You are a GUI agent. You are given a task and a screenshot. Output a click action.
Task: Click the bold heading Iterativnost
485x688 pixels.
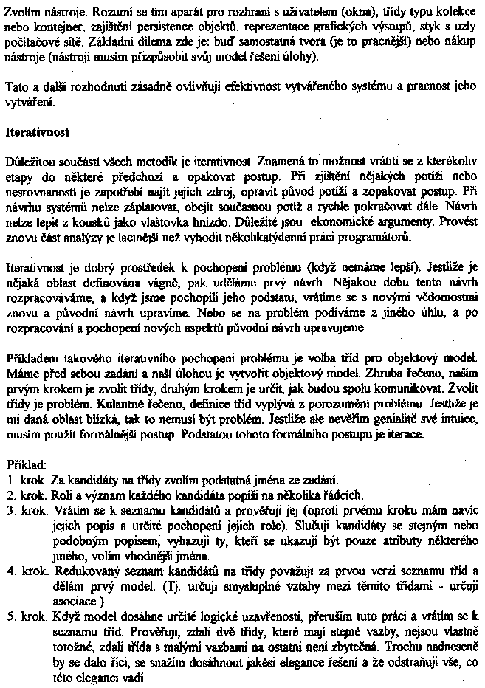(37, 133)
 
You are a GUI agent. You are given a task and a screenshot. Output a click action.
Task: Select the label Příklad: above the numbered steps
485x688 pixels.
(25, 466)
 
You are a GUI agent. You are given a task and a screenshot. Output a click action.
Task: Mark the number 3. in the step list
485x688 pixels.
(10, 510)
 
